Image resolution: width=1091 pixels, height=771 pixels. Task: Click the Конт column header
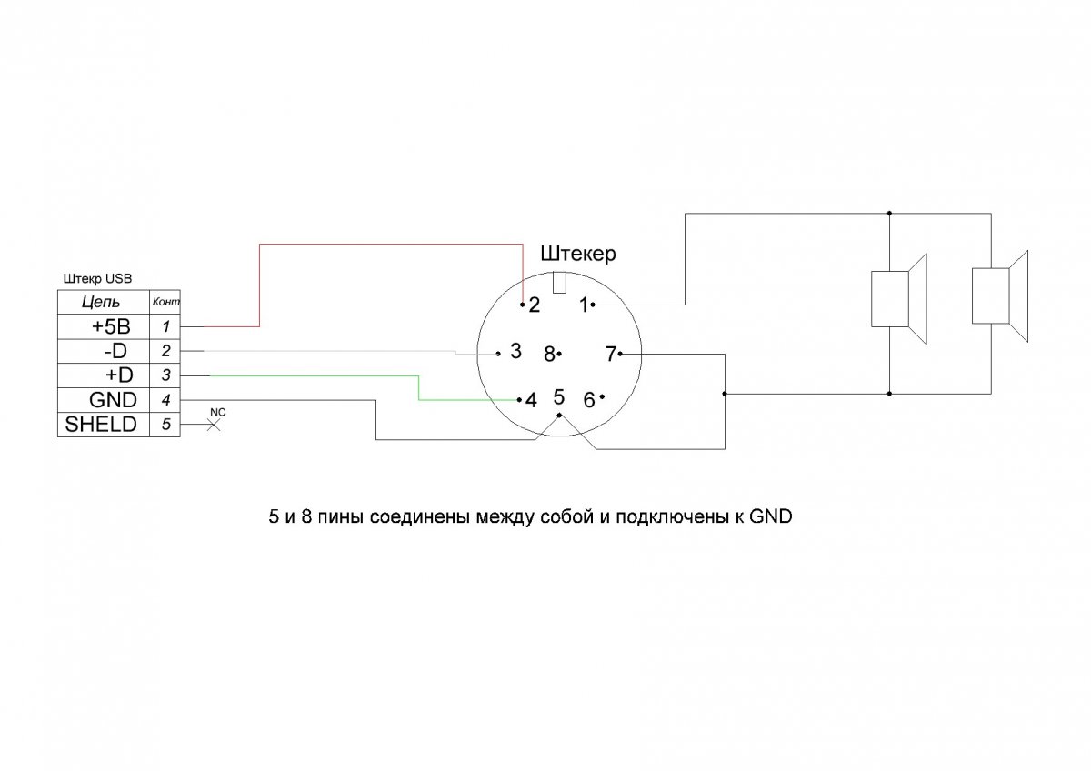165,301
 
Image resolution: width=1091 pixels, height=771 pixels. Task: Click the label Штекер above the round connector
577,254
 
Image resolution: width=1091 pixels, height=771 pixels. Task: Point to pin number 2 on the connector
535,305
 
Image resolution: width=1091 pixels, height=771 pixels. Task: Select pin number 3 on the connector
515,352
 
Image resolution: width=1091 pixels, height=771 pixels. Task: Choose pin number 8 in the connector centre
549,355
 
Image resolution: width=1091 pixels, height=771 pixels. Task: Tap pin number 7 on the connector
612,354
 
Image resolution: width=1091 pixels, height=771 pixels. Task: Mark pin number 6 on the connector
589,400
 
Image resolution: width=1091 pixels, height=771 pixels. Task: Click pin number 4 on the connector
531,400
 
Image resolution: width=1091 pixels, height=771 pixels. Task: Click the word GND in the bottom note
770,517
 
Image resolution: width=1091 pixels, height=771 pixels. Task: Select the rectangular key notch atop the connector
559,282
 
